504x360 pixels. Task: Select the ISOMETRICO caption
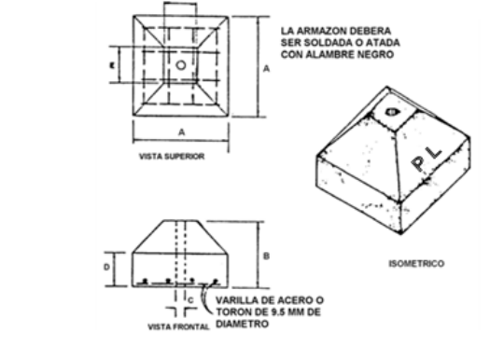click(416, 264)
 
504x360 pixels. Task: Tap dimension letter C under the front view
click(190, 298)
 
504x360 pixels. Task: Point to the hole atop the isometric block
click(389, 114)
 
